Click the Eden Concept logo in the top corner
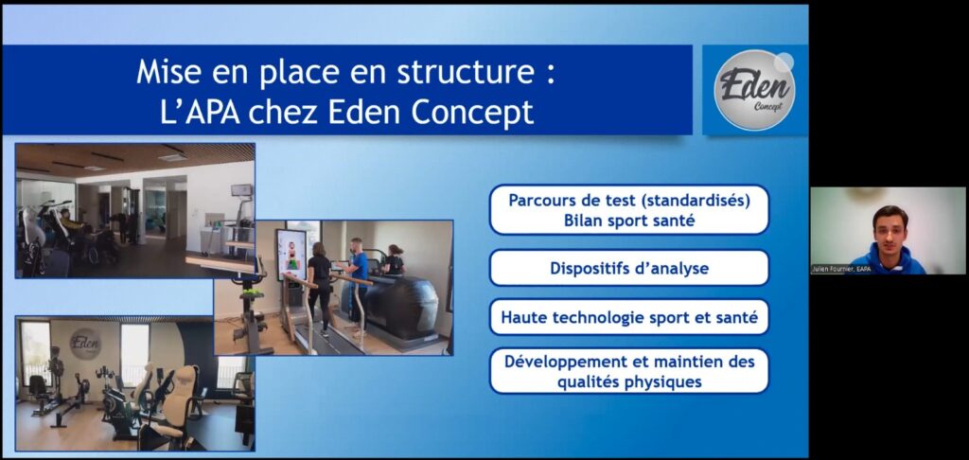tap(754, 90)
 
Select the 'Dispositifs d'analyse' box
tap(629, 269)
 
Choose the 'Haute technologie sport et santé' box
tap(629, 317)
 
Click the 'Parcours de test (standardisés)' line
tap(629, 202)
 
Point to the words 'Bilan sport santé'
tap(629, 221)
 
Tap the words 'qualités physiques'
tap(629, 382)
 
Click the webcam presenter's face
tap(890, 227)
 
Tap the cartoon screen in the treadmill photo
tap(291, 254)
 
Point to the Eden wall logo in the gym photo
tap(85, 344)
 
